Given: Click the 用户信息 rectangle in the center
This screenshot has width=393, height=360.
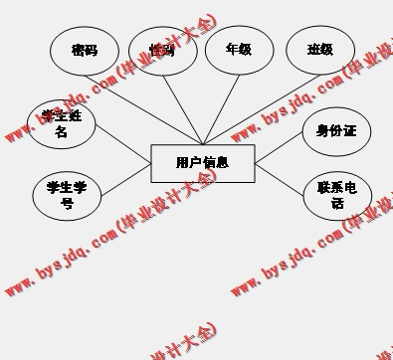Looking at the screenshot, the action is tap(202, 163).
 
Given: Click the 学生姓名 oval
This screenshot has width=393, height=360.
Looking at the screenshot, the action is tap(62, 122).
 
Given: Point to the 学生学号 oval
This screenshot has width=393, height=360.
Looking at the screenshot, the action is tap(67, 195).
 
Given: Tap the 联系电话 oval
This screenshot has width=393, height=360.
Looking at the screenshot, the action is tap(336, 195).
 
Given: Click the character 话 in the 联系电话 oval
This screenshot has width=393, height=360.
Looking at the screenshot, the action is tap(336, 204).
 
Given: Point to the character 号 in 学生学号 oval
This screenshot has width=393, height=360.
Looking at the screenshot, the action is tap(67, 204).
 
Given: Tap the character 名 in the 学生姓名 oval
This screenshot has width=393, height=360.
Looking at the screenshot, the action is tap(62, 131).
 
